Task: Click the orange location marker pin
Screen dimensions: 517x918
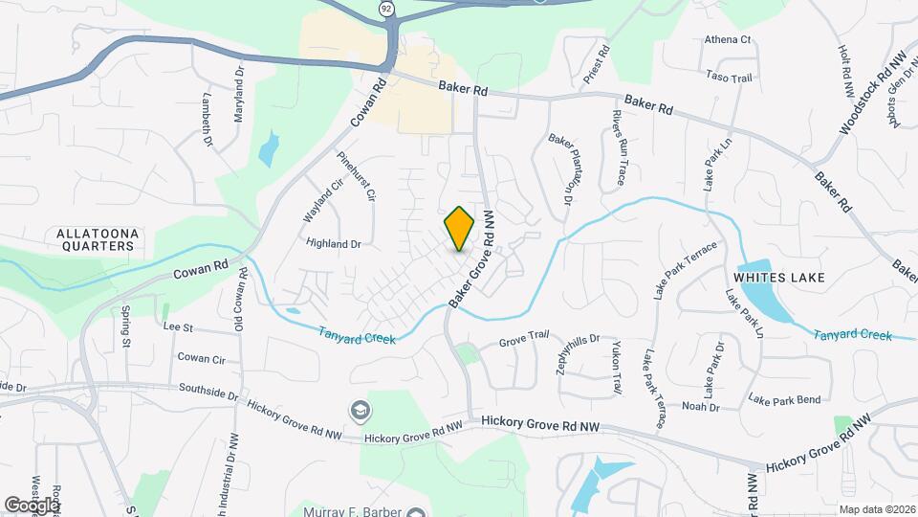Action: [460, 228]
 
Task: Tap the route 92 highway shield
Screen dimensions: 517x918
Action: [385, 9]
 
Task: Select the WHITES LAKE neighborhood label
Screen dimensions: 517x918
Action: [779, 277]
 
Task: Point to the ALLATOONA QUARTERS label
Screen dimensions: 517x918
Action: [95, 239]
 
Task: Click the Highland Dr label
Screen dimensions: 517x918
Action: [333, 244]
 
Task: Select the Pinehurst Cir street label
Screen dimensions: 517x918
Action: [356, 175]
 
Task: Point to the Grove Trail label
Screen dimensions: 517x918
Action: [525, 337]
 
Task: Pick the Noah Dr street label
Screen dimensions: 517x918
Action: [700, 407]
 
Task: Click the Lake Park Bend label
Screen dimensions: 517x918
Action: [784, 398]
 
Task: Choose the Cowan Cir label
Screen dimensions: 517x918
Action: [201, 358]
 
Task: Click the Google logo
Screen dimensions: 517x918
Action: [32, 504]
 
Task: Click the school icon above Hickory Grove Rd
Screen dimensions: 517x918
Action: [360, 410]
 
